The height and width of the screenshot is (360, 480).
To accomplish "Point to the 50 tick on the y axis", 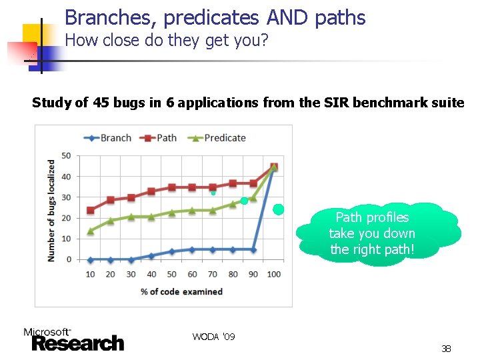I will (x=66, y=156).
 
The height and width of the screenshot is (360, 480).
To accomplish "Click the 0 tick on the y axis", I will (x=69, y=259).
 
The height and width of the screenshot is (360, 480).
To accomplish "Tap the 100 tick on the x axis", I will (x=273, y=274).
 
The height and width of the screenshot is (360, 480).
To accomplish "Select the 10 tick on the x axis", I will (x=90, y=274).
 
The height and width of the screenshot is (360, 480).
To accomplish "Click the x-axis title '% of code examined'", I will (x=182, y=291).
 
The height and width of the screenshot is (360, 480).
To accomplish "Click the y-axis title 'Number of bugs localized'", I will (x=51, y=210).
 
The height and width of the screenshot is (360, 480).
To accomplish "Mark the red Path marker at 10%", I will (x=90, y=211).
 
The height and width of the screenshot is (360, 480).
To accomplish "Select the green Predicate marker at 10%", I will (x=90, y=231).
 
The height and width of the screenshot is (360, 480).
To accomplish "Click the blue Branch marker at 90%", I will (x=253, y=249).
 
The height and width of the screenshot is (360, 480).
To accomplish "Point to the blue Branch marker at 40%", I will (x=151, y=255).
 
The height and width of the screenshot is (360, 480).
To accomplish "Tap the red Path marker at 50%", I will (x=171, y=187).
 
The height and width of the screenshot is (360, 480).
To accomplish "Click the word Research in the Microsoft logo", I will (x=77, y=343).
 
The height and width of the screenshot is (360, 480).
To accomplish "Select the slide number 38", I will (x=446, y=349).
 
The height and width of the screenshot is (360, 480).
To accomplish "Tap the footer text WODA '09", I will (x=213, y=337).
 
